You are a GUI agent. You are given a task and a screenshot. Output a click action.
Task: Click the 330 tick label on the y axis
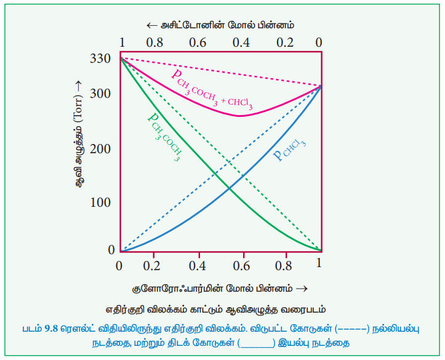[x=99, y=60]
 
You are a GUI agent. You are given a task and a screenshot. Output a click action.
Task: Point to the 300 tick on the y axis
[x=99, y=94]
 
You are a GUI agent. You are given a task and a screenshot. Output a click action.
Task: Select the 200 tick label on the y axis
[x=99, y=150]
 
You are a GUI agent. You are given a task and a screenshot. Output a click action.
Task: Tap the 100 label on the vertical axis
[x=99, y=203]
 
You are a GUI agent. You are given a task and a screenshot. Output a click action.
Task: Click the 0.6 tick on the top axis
[x=198, y=43]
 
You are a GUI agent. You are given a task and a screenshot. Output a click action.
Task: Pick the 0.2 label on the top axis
[x=284, y=43]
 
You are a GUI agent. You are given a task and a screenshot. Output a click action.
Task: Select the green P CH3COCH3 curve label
[x=164, y=135]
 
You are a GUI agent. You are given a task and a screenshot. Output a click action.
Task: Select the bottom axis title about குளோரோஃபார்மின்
[x=219, y=288]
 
